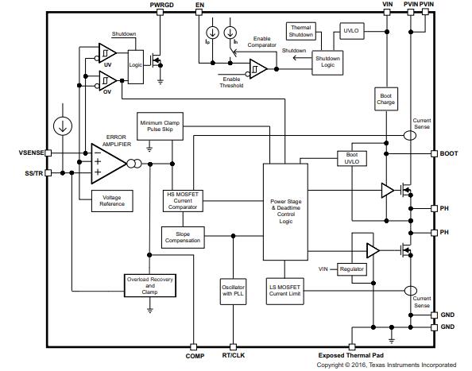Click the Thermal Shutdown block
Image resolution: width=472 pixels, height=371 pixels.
pyautogui.click(x=300, y=31)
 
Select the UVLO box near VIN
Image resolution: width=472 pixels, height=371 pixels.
pyautogui.click(x=351, y=31)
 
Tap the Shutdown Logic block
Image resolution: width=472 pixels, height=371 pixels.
pyautogui.click(x=327, y=63)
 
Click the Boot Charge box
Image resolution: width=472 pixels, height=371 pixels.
pyautogui.click(x=386, y=99)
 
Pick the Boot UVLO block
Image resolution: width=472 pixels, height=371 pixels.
pyautogui.click(x=352, y=158)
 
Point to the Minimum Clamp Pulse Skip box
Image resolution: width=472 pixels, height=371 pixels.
pyautogui.click(x=160, y=126)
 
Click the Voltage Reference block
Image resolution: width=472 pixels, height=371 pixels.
pyautogui.click(x=112, y=201)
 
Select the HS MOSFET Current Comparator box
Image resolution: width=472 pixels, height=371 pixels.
pyautogui.click(x=183, y=201)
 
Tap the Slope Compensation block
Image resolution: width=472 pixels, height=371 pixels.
pyautogui.click(x=183, y=238)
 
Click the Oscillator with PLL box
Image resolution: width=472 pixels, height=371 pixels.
pyautogui.click(x=234, y=291)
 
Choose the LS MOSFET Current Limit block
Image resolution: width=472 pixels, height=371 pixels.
pyautogui.click(x=284, y=291)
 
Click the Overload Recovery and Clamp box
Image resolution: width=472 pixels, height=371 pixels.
pyautogui.click(x=150, y=285)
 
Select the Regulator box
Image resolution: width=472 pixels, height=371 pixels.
pyautogui.click(x=352, y=269)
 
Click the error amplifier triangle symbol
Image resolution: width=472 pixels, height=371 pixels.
pyautogui.click(x=107, y=164)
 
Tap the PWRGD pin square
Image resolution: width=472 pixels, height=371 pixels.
pyautogui.click(x=161, y=12)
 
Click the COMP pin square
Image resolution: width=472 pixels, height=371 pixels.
pyautogui.click(x=194, y=347)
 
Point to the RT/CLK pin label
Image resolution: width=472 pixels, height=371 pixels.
pyautogui.click(x=234, y=355)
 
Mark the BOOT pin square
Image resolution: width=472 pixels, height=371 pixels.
pyautogui.click(x=434, y=154)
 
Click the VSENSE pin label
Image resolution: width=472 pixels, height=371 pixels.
pyautogui.click(x=31, y=153)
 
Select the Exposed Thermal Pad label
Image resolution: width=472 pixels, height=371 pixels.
pyautogui.click(x=351, y=355)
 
